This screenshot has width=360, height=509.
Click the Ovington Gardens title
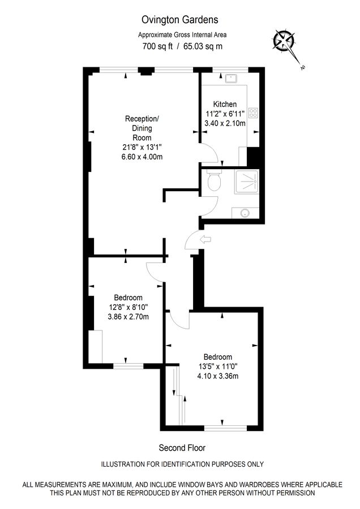click(x=179, y=20)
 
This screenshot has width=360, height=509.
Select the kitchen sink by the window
click(x=232, y=79)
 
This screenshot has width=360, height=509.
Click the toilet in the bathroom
click(x=214, y=181)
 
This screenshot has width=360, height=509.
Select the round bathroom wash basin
click(x=245, y=213)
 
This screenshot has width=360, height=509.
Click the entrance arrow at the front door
click(x=205, y=240)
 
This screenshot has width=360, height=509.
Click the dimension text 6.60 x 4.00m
click(x=142, y=157)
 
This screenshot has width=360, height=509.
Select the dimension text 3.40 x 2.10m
click(x=225, y=123)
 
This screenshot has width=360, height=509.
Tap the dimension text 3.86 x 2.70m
click(x=128, y=317)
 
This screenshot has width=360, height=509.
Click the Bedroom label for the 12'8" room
click(x=128, y=297)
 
